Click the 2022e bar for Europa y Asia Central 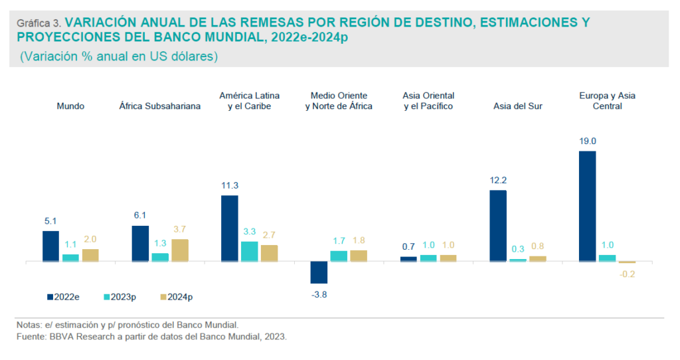pyautogui.click(x=587, y=206)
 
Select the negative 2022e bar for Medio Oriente pyautogui.click(x=319, y=272)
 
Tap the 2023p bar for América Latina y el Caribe pyautogui.click(x=249, y=251)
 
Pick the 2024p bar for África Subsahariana pyautogui.click(x=180, y=250)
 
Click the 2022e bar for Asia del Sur pyautogui.click(x=498, y=226)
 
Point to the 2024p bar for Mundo pyautogui.click(x=90, y=255)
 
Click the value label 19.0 pyautogui.click(x=588, y=141)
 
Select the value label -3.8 pyautogui.click(x=319, y=294)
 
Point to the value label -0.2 pyautogui.click(x=628, y=274)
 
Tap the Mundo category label pyautogui.click(x=70, y=106)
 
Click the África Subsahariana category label pyautogui.click(x=160, y=106)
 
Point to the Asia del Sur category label pyautogui.click(x=518, y=106)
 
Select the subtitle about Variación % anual pyautogui.click(x=120, y=57)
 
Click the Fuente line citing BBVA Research pyautogui.click(x=152, y=337)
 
